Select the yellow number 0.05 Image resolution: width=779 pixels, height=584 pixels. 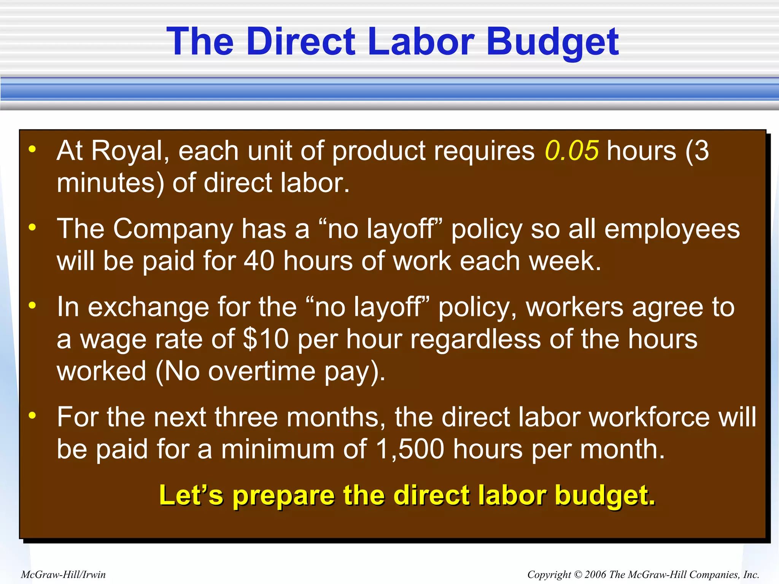tap(572, 151)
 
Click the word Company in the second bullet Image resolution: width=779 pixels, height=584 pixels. tap(173, 229)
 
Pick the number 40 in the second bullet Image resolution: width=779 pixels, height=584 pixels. tap(259, 261)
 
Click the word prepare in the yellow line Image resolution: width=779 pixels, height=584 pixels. tap(283, 496)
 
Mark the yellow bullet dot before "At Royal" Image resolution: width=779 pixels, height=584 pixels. tap(32, 149)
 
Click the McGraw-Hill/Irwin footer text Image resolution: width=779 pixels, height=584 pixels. tap(63, 574)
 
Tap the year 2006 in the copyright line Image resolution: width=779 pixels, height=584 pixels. tap(595, 574)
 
